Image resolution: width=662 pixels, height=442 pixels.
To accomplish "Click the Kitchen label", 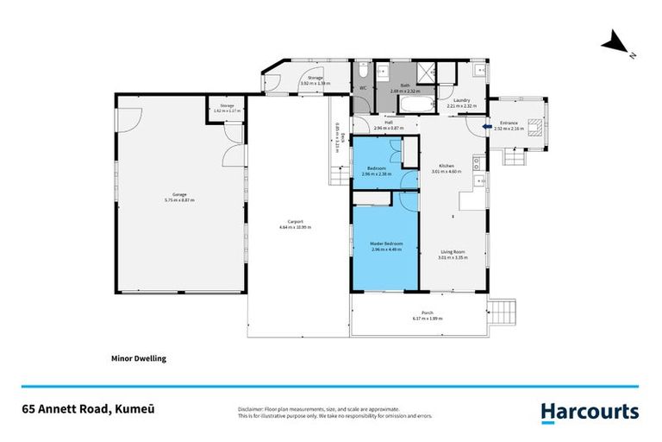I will click(x=447, y=166).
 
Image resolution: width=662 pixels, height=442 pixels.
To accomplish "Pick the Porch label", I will click(x=427, y=313).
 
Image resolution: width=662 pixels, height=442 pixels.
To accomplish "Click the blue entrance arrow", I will click(x=487, y=128).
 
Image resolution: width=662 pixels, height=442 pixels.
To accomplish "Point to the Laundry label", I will click(x=462, y=100).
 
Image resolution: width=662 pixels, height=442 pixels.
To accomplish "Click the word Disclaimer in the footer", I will click(x=251, y=408).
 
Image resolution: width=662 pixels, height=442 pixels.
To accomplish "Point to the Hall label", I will click(x=389, y=123).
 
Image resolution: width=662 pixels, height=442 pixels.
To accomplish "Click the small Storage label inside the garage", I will click(x=227, y=105).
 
